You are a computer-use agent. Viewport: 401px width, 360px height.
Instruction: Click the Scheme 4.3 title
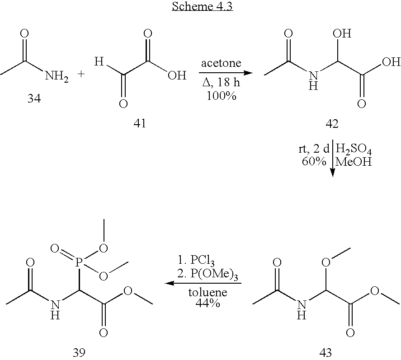pyautogui.click(x=202, y=6)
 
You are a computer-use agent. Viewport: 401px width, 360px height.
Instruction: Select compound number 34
pyautogui.click(x=34, y=98)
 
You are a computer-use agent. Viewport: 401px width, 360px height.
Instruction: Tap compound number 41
pyautogui.click(x=140, y=123)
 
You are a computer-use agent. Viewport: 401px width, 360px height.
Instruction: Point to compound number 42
pyautogui.click(x=332, y=124)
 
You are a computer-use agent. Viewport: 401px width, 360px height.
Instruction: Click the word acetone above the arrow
pyautogui.click(x=221, y=63)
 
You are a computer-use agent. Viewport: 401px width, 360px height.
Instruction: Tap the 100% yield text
pyautogui.click(x=222, y=96)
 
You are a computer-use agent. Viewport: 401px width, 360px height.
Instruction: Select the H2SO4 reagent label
pyautogui.click(x=354, y=150)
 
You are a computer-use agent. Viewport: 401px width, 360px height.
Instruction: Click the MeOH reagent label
pyautogui.click(x=353, y=162)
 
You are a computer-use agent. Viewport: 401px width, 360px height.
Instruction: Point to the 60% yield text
pyautogui.click(x=314, y=161)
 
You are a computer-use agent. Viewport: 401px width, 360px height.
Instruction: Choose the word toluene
pyautogui.click(x=208, y=292)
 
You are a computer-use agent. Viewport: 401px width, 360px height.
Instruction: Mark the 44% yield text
pyautogui.click(x=208, y=303)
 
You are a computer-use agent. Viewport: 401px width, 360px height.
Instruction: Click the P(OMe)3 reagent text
pyautogui.click(x=208, y=275)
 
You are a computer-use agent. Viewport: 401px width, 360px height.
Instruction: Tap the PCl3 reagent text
pyautogui.click(x=196, y=261)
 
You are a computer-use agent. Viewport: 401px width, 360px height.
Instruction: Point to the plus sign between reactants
pyautogui.click(x=81, y=74)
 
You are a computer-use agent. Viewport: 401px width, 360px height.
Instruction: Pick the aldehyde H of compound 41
pyautogui.click(x=99, y=61)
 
